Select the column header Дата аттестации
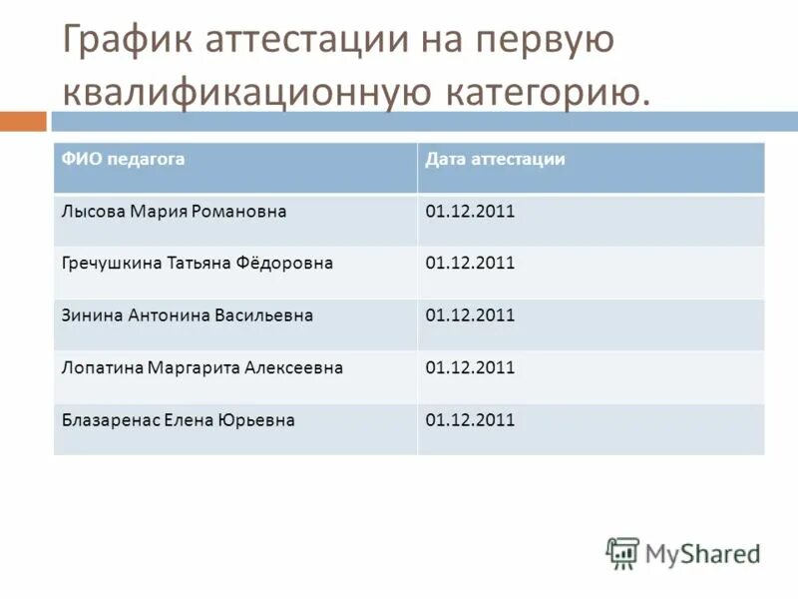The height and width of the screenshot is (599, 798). [495, 159]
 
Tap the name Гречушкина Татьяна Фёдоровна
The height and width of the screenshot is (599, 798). [197, 264]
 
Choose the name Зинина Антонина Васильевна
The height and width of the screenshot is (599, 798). [187, 315]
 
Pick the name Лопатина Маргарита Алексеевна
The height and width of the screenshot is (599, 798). [201, 367]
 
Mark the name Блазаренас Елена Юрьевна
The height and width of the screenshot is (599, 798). [178, 420]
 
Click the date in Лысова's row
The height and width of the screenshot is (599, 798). [470, 212]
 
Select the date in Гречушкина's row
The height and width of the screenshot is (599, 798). [470, 264]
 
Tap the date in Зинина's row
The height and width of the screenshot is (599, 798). [470, 315]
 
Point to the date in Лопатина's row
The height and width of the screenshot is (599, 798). [470, 367]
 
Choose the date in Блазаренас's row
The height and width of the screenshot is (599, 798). [470, 420]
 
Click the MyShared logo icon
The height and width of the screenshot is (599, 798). [622, 553]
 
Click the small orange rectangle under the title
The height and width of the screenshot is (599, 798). [23, 122]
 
